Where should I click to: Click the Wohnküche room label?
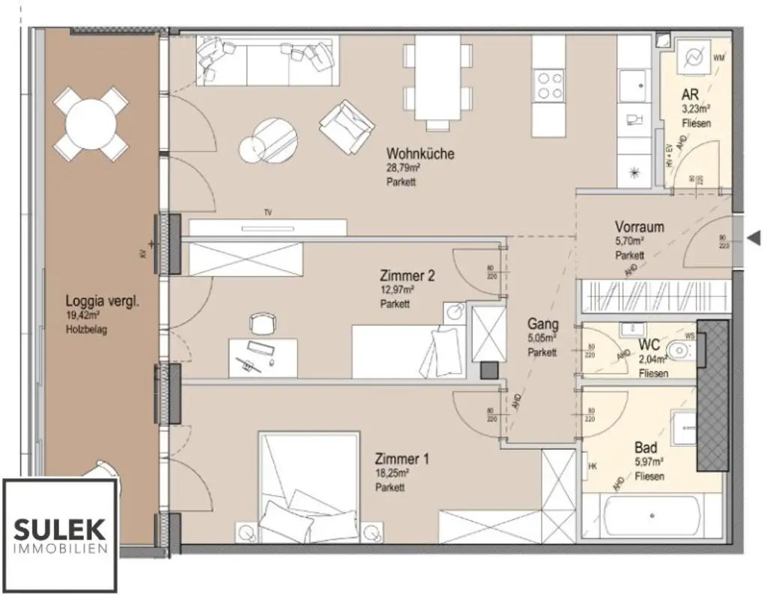tap(420, 154)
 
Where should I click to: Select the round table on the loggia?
tap(90, 124)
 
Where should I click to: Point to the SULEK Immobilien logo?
tap(60, 536)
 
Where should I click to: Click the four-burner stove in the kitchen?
tap(551, 85)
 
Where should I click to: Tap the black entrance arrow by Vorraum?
tap(755, 239)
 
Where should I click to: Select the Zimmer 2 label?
tap(407, 275)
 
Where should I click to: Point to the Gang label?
tap(542, 325)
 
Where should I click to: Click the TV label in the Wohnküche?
tap(267, 213)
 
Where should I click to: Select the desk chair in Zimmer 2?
tap(261, 323)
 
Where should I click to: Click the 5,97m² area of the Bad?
tap(648, 463)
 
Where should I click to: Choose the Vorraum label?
tap(639, 227)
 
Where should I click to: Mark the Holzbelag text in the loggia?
tap(86, 329)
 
